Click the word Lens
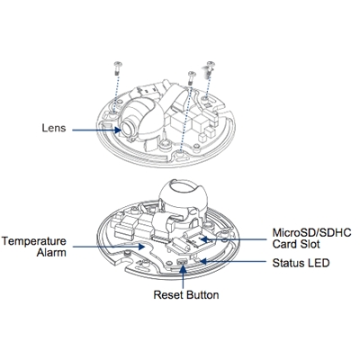coord(54,128)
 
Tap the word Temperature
coord(34,241)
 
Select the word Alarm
coord(51,253)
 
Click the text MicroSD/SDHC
coord(311,233)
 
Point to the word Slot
coord(310,244)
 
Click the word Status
coord(287,263)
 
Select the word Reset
coord(168,294)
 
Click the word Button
coord(202,294)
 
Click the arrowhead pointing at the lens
coord(118,130)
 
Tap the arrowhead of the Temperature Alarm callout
coord(141,247)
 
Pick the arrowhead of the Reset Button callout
coord(183,268)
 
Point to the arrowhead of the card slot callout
coord(203,239)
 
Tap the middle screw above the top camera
coord(191,77)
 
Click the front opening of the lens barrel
coord(126,129)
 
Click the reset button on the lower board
coord(182,262)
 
